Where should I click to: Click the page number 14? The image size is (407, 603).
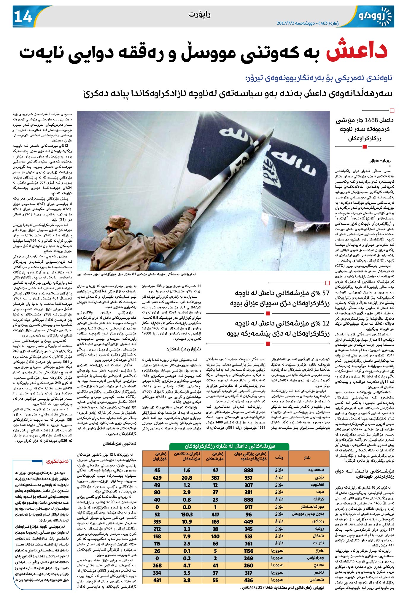(23, 17)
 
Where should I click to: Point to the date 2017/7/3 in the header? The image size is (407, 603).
(285, 23)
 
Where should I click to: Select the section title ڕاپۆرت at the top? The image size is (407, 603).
(199, 15)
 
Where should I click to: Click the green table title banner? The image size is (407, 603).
(229, 446)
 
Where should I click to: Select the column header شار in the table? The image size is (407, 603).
(307, 457)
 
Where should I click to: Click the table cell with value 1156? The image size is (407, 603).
(248, 551)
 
